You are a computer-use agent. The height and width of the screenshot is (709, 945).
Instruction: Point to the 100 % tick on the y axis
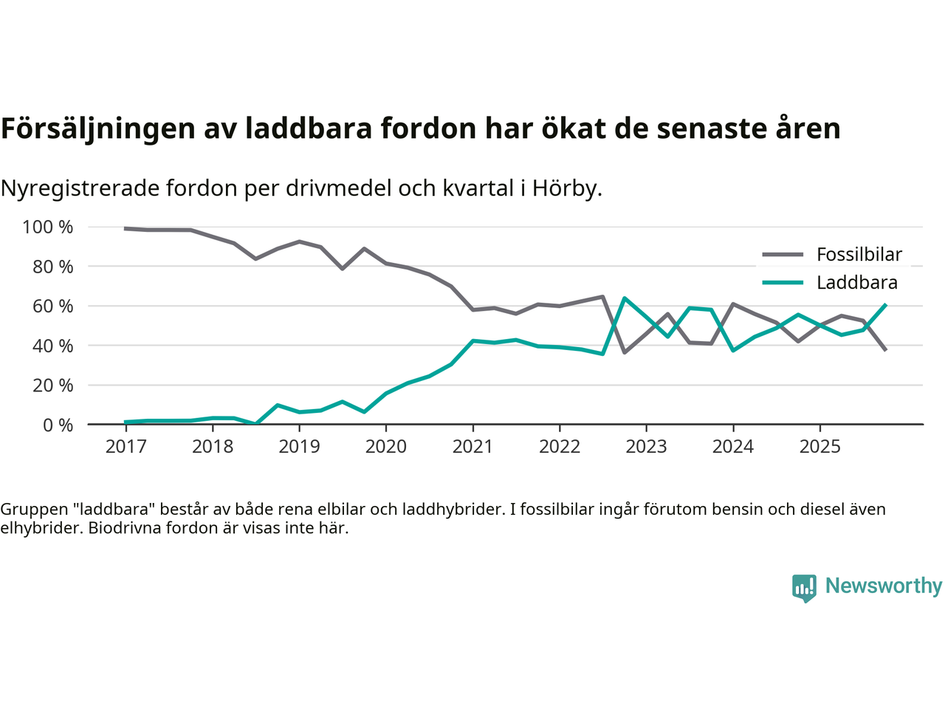(48, 227)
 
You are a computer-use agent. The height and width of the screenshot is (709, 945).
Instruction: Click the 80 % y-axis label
(52, 267)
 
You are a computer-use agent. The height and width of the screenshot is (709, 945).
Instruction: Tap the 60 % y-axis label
(52, 306)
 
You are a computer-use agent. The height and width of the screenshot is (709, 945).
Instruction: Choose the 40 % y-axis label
(52, 346)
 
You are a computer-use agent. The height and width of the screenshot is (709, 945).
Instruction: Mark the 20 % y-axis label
(52, 386)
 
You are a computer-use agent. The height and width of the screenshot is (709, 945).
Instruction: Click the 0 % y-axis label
(58, 425)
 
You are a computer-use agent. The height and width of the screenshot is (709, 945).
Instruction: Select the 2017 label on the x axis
(126, 447)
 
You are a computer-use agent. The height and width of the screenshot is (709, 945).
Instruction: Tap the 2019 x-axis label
(299, 447)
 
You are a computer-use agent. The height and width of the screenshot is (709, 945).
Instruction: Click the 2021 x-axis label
(472, 447)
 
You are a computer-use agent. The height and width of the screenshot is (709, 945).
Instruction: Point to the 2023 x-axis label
(646, 447)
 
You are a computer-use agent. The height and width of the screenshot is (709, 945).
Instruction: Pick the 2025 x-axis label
(819, 447)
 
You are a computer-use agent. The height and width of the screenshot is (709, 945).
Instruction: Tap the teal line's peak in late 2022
(625, 298)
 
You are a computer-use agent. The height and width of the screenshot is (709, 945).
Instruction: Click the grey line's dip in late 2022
(625, 352)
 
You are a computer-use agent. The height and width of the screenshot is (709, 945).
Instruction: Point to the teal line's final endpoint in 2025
(885, 304)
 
